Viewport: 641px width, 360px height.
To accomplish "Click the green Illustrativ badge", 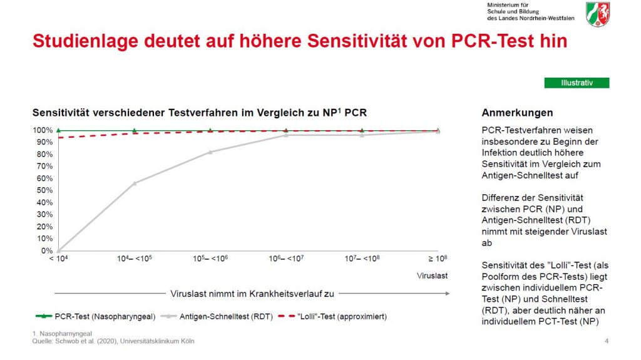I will click(577, 83).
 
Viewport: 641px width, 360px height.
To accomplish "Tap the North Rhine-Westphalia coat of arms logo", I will click(598, 14).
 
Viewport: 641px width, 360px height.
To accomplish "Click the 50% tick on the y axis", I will click(43, 190).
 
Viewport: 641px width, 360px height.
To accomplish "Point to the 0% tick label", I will click(46, 251).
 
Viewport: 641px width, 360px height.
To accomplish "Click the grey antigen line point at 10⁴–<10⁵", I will click(135, 183).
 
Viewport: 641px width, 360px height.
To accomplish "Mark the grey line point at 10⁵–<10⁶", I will click(210, 152).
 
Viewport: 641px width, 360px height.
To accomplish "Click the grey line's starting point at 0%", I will click(58, 250).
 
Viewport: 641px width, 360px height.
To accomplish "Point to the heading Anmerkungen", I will click(517, 113).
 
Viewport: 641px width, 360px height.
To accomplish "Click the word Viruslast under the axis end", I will click(433, 275).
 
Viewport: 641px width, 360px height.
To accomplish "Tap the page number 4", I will click(607, 341).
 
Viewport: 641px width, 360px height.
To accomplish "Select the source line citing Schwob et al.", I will click(113, 341).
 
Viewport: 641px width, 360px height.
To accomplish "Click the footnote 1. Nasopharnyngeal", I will click(62, 334).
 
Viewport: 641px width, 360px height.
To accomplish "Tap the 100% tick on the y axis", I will click(43, 130).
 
